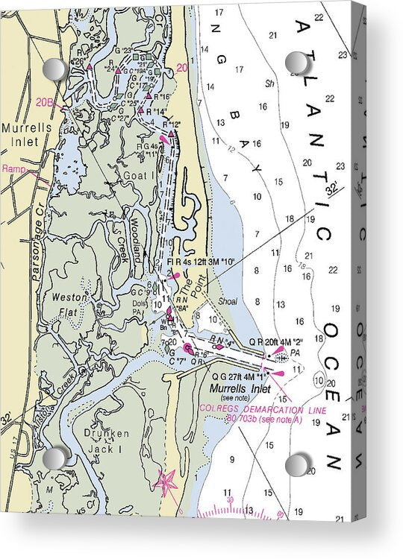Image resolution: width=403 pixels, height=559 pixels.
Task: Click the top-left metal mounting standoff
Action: click(55, 70)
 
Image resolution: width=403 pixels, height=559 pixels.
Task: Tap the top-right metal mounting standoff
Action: click(297, 63)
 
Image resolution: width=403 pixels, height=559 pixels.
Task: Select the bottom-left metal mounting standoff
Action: click(54, 458)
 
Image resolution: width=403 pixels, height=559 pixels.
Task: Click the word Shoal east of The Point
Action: click(228, 302)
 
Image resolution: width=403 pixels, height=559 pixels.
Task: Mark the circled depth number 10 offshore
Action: click(319, 382)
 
